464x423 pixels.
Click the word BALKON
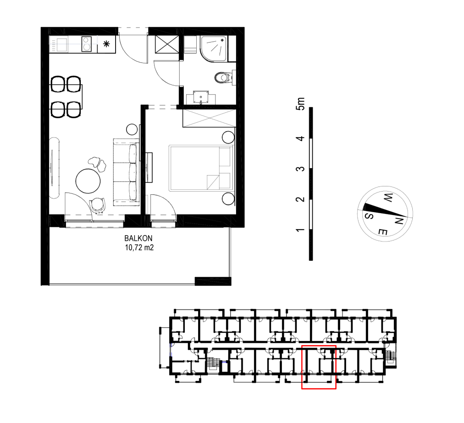click(138, 238)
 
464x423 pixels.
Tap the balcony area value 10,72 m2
click(139, 247)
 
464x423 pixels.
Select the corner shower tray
click(214, 49)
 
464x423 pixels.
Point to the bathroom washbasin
click(201, 97)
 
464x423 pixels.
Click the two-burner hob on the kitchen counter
click(86, 44)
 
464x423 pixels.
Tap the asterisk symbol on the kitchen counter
click(106, 44)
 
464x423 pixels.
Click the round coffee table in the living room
click(88, 181)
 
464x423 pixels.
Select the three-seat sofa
click(127, 172)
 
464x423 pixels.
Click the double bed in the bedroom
click(201, 168)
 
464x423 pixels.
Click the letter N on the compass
click(399, 221)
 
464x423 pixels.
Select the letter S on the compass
click(369, 216)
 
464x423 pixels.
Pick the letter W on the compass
click(388, 198)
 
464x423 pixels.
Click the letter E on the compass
click(382, 231)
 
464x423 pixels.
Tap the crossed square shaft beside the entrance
click(167, 44)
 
